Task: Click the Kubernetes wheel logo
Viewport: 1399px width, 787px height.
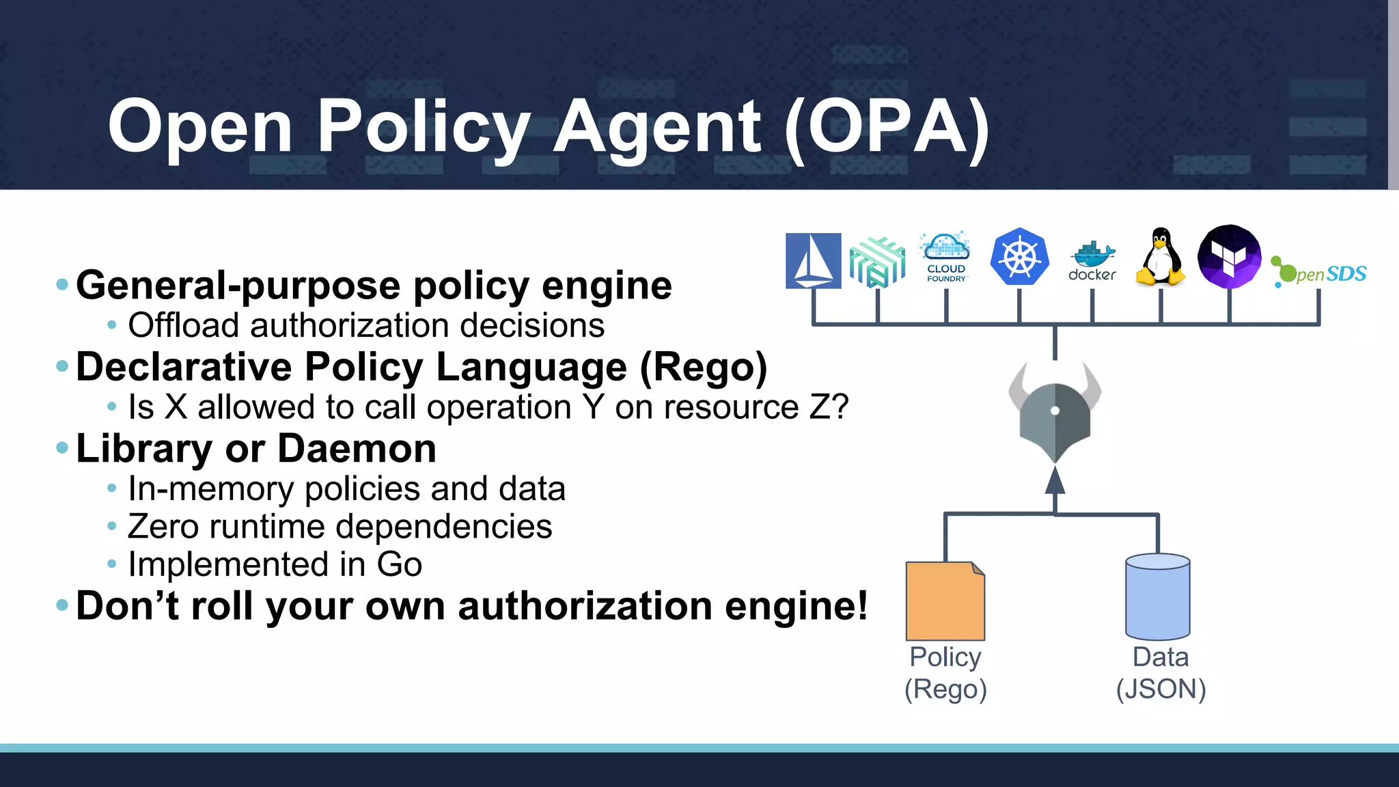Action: tap(1019, 257)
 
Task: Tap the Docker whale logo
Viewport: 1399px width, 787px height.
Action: tap(1092, 261)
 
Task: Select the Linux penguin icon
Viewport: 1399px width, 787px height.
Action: tap(1161, 257)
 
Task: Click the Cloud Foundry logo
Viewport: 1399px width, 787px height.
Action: tap(946, 257)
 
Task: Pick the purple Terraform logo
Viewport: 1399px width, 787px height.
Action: tap(1229, 256)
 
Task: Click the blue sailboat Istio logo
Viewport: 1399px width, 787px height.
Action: tap(813, 260)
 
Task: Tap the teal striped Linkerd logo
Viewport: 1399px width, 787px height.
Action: tap(877, 262)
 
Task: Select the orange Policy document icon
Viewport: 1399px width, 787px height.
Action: tap(945, 601)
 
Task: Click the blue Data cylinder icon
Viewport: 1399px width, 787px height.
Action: tap(1157, 597)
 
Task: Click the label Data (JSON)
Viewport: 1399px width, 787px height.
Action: tap(1161, 673)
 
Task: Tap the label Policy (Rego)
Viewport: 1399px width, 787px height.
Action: tap(945, 673)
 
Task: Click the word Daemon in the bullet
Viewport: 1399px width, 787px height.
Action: tap(357, 449)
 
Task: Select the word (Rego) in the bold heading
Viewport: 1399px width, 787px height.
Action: tap(703, 367)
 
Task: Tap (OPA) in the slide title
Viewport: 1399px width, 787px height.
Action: tap(887, 126)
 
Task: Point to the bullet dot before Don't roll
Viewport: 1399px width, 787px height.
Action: tap(62, 605)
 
